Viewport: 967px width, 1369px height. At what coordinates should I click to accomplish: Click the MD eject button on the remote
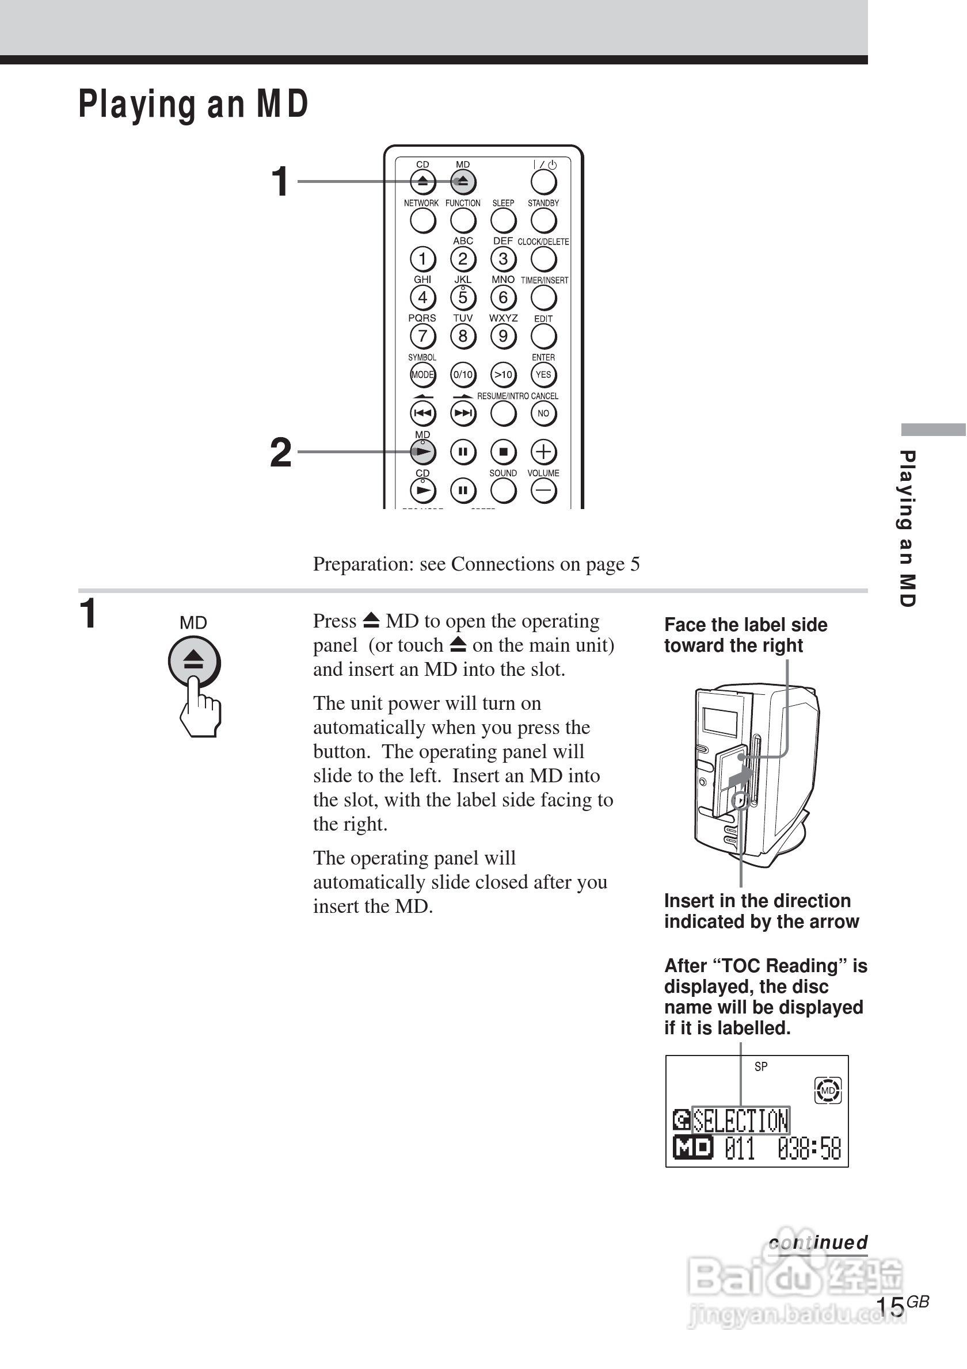pos(463,182)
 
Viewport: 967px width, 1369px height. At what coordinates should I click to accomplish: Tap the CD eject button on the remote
pos(422,182)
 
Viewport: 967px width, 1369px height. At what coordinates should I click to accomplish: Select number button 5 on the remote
pos(463,297)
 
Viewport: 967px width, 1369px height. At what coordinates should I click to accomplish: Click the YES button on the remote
pos(543,374)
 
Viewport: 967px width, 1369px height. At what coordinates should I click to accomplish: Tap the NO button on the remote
pos(543,413)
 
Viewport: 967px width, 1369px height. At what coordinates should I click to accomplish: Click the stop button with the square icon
pos(504,452)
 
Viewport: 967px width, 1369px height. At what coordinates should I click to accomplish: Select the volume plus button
pos(543,452)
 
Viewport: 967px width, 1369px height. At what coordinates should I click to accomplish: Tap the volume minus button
pos(543,491)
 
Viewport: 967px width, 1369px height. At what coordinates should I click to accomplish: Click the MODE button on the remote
pos(422,374)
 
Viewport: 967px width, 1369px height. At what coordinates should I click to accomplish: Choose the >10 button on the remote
pos(504,374)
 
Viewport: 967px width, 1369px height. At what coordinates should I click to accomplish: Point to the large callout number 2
pos(281,453)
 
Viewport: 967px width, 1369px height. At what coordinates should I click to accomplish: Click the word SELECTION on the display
pos(740,1121)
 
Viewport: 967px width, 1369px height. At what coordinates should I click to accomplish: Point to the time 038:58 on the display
pos(809,1148)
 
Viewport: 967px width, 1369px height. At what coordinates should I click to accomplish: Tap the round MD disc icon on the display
pos(827,1091)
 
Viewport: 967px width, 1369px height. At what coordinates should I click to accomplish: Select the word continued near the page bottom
pos(818,1242)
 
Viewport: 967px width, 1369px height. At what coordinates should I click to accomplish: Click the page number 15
pos(889,1307)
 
